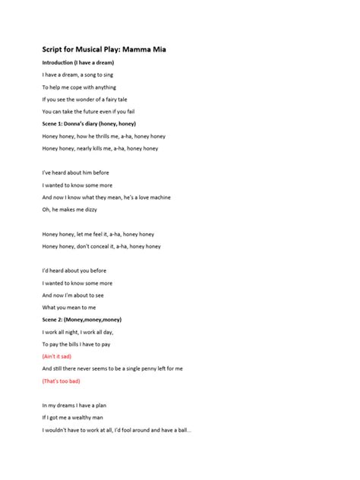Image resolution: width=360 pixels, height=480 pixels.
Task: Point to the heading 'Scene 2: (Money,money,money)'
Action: coord(82,319)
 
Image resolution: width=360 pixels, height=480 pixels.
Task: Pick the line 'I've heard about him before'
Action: coord(76,172)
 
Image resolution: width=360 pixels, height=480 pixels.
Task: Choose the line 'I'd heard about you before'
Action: coord(74,270)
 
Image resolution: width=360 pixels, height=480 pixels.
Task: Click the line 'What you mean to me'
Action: coord(69,307)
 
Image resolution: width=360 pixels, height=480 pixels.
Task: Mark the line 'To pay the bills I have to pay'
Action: coord(81,343)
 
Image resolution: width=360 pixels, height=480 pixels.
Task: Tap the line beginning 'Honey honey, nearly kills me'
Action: coord(100,148)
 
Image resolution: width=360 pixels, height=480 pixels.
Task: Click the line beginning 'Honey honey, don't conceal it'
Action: coord(102,245)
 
